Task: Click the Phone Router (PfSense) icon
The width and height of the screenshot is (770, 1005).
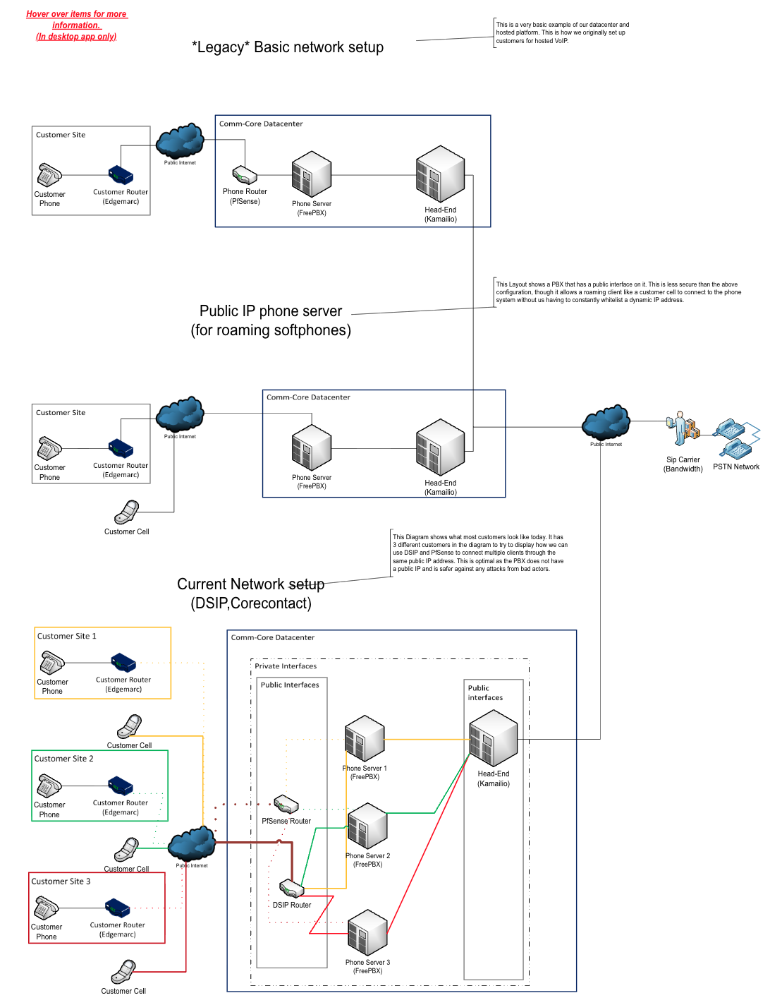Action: tap(244, 174)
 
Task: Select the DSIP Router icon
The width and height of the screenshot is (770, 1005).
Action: tap(291, 888)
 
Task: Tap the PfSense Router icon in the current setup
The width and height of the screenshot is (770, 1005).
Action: tap(286, 804)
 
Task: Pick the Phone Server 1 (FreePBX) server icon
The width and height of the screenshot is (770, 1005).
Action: tap(364, 738)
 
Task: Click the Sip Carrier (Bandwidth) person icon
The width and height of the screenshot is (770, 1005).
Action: tap(682, 427)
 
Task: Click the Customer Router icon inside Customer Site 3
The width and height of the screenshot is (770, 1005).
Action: tap(117, 907)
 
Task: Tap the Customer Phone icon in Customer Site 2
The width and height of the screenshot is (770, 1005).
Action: tap(49, 786)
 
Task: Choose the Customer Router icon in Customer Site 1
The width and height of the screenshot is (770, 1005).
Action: tap(123, 662)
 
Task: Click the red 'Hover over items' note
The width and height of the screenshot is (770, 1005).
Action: tap(76, 25)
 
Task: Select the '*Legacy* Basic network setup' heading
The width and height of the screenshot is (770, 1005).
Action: tap(287, 47)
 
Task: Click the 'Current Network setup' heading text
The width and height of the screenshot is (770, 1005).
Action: tap(250, 583)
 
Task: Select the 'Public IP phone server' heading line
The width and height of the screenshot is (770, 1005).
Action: tap(270, 311)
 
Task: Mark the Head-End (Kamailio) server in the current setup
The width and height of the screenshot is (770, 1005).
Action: tap(492, 737)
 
